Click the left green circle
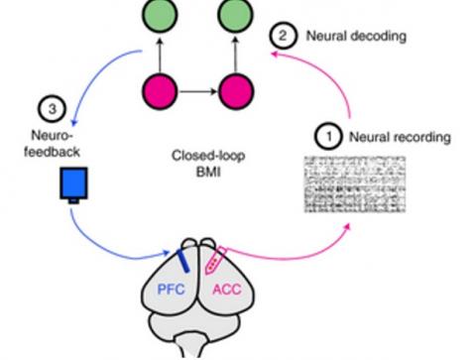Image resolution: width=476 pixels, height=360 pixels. tap(163, 15)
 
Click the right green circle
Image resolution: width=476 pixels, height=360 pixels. tap(236, 15)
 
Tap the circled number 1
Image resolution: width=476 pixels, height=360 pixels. tap(326, 134)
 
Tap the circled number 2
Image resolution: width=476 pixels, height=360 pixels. tap(283, 37)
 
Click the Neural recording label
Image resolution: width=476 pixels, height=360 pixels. tap(393, 135)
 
